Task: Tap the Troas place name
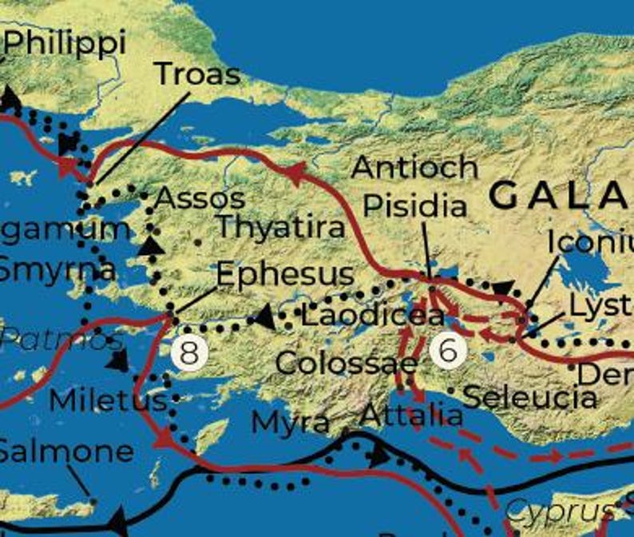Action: (x=197, y=74)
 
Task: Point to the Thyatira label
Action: (x=281, y=227)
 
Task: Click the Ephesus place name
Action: (x=284, y=274)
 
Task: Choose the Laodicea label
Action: (x=371, y=315)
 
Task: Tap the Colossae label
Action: (x=346, y=364)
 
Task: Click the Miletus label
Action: (x=108, y=400)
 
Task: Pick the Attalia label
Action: (x=411, y=416)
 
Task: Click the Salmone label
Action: (x=65, y=451)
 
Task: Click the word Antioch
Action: (x=414, y=167)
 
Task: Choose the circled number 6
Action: (x=448, y=350)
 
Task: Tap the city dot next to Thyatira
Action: (x=197, y=241)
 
